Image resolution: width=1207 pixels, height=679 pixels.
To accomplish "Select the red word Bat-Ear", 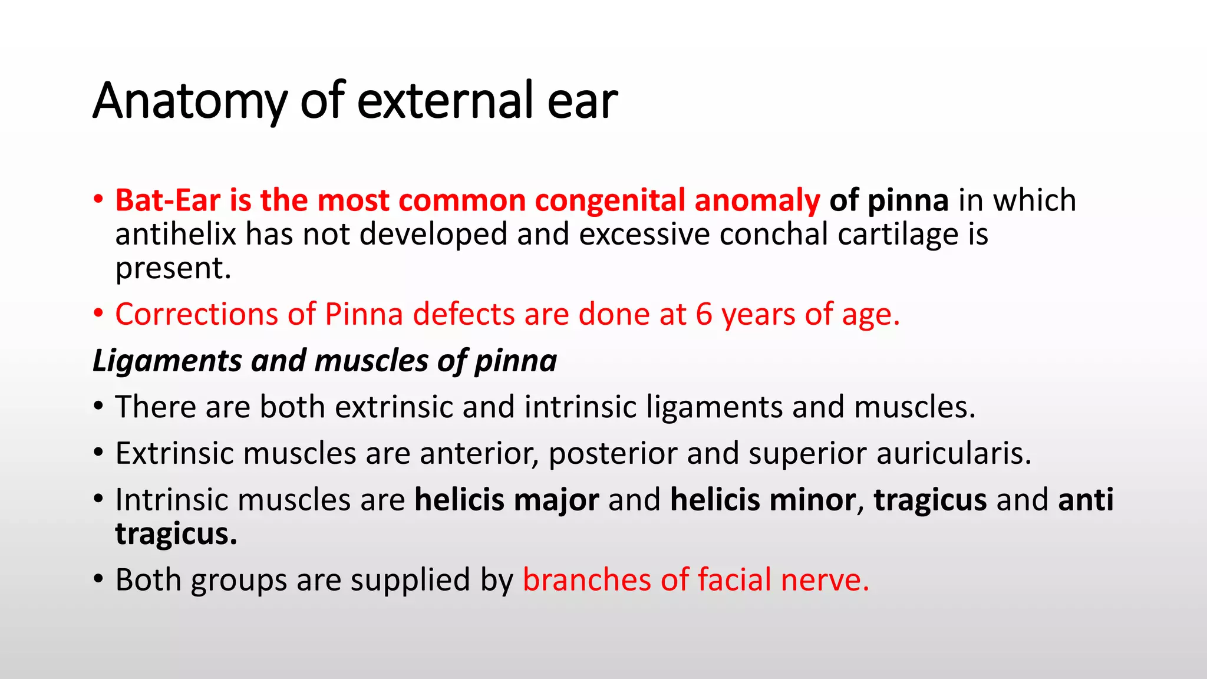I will (167, 200).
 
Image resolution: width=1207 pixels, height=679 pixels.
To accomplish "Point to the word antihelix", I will (175, 234).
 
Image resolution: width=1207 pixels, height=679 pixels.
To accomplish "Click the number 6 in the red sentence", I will (704, 314).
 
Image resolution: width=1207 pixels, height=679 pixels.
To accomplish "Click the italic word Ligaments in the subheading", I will (167, 361).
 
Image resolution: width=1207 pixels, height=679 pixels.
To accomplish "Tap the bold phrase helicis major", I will (506, 500).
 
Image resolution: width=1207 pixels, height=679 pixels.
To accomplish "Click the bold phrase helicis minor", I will (763, 500).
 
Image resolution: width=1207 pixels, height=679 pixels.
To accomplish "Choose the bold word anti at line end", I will (1086, 500).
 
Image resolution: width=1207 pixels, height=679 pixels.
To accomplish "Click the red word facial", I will (734, 579).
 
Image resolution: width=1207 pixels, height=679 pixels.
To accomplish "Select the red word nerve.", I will (825, 579).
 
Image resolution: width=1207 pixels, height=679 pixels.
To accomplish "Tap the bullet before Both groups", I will (98, 579).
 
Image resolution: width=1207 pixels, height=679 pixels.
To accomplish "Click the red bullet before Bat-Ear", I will (98, 200).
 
